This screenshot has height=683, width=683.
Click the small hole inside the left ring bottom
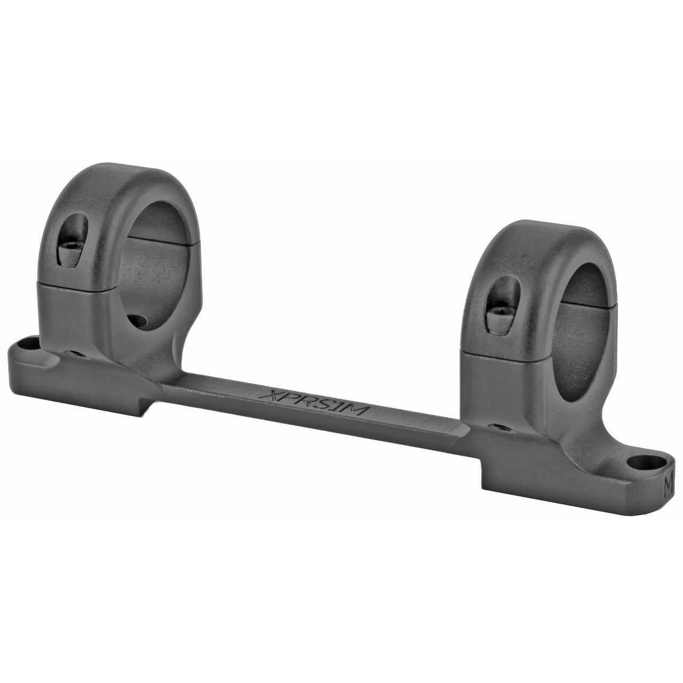point(138,322)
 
